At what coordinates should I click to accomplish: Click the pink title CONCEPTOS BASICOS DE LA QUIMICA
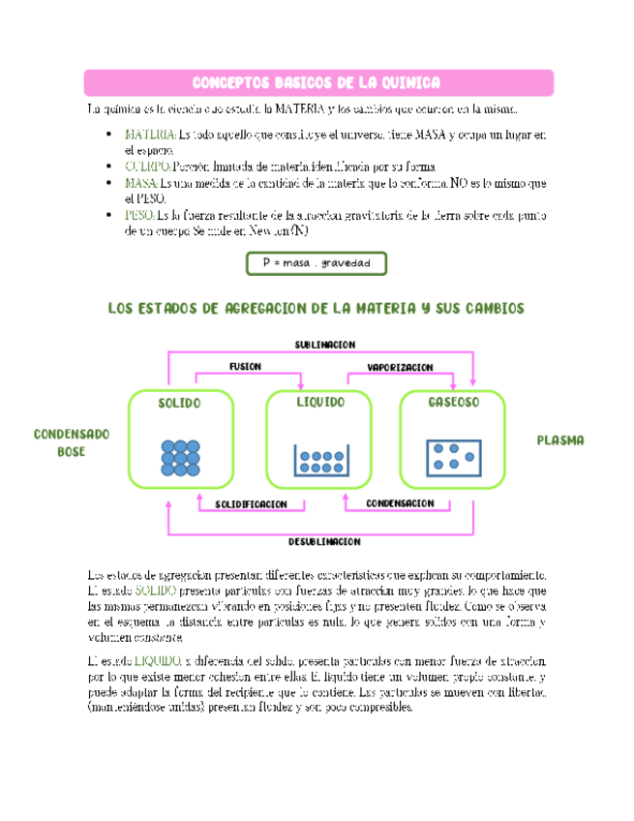tap(317, 82)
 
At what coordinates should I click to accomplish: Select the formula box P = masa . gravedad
tap(317, 262)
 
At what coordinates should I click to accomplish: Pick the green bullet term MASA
tap(142, 182)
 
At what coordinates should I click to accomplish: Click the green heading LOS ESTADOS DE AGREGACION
tap(316, 308)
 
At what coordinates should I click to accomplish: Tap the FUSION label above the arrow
tap(245, 366)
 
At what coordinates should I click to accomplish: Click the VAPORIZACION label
tap(400, 367)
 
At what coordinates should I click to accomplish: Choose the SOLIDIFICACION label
tap(252, 504)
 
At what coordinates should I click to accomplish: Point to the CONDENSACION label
tap(400, 503)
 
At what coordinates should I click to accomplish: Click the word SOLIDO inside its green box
tap(179, 403)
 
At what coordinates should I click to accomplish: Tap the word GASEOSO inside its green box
tap(453, 402)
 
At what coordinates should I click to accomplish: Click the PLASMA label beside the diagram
tap(560, 440)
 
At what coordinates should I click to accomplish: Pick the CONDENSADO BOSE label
tap(72, 442)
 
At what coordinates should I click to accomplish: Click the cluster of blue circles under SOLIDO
tap(180, 457)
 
